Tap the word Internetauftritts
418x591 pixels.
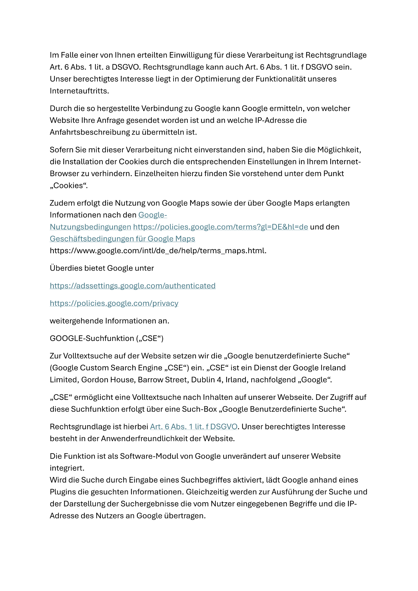coord(79,91)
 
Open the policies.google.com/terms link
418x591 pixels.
coord(221,227)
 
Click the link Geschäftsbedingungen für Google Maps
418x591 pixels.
coord(122,239)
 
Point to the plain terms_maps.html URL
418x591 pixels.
coord(158,251)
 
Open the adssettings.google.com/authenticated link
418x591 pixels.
coord(133,286)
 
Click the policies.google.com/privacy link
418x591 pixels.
coord(114,303)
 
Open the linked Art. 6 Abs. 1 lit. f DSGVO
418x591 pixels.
coord(194,427)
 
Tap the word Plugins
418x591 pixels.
coord(64,492)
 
